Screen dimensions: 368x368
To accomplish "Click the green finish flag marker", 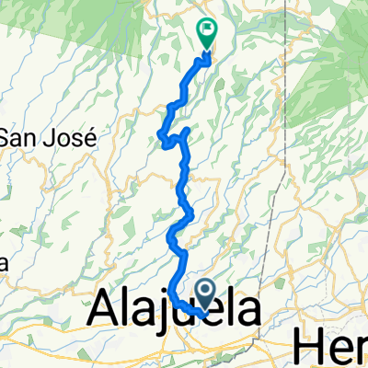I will [x=207, y=33].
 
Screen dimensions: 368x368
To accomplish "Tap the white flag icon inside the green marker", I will [x=207, y=30].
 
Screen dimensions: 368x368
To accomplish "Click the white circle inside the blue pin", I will [x=206, y=292].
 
